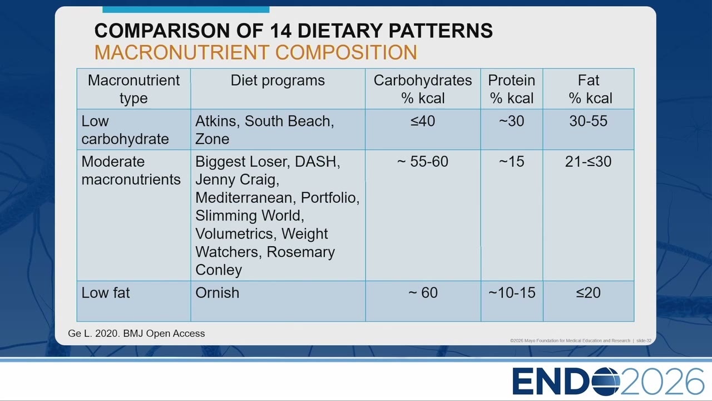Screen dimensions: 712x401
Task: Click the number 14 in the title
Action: (280, 31)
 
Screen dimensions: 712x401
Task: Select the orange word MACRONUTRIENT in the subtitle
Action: (182, 52)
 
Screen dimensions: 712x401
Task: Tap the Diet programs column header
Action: (278, 80)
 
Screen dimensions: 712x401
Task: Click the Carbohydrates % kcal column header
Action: (422, 89)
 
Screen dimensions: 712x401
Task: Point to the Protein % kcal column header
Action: (511, 89)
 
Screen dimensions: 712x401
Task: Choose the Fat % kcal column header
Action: (589, 89)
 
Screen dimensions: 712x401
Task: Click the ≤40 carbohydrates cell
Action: (422, 121)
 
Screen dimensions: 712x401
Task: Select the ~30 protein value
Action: (511, 121)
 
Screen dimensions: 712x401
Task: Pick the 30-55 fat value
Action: (589, 121)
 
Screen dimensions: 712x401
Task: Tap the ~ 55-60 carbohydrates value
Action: (422, 162)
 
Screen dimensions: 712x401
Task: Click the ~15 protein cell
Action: (511, 162)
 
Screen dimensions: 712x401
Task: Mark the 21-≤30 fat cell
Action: (589, 162)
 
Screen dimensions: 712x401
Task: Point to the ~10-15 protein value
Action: (512, 292)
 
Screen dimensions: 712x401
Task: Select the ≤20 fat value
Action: (589, 292)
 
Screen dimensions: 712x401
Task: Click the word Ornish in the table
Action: (217, 292)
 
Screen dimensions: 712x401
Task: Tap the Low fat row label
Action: (106, 292)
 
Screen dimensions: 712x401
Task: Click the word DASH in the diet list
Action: (318, 162)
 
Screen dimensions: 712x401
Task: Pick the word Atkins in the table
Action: (217, 121)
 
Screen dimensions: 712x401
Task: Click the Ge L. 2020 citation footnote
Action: (136, 333)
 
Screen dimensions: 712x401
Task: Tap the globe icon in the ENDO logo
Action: (606, 382)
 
